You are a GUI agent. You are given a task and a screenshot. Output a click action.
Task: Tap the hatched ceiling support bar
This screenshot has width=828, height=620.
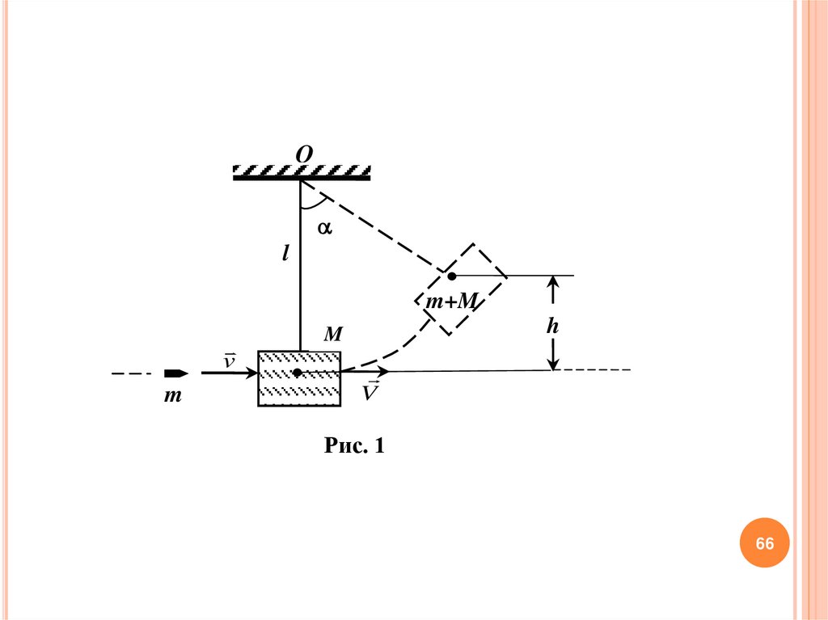pos(302,172)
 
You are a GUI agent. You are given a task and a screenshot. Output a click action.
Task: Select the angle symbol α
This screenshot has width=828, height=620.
pos(324,228)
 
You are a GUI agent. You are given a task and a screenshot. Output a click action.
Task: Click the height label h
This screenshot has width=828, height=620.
pos(553,326)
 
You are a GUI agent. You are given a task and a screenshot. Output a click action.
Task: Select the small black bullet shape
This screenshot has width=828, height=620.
pos(176,373)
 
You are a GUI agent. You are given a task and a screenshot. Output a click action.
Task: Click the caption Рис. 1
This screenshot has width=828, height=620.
pos(353,445)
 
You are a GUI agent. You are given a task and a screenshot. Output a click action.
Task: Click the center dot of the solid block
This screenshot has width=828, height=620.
pos(298,373)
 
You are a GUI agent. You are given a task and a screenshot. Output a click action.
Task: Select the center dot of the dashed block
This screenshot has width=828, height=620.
pos(452,276)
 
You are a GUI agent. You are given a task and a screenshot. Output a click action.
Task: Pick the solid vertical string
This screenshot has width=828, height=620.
pos(300,267)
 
